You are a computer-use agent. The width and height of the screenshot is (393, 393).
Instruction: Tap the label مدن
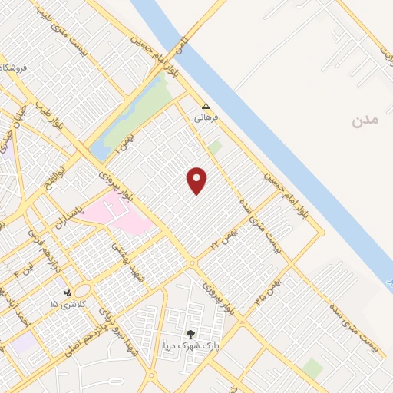click(365, 121)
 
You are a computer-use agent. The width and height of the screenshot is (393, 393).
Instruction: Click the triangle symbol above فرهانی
click(205, 107)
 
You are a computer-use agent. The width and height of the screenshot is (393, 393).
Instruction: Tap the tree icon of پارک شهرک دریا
click(190, 333)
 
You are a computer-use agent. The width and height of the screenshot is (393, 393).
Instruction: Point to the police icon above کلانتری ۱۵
click(68, 292)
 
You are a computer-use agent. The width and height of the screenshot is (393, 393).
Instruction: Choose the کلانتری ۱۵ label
click(63, 305)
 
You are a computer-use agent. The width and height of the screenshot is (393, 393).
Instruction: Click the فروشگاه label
click(16, 68)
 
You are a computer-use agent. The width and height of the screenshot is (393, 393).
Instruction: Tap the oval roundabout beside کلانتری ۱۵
click(83, 290)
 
